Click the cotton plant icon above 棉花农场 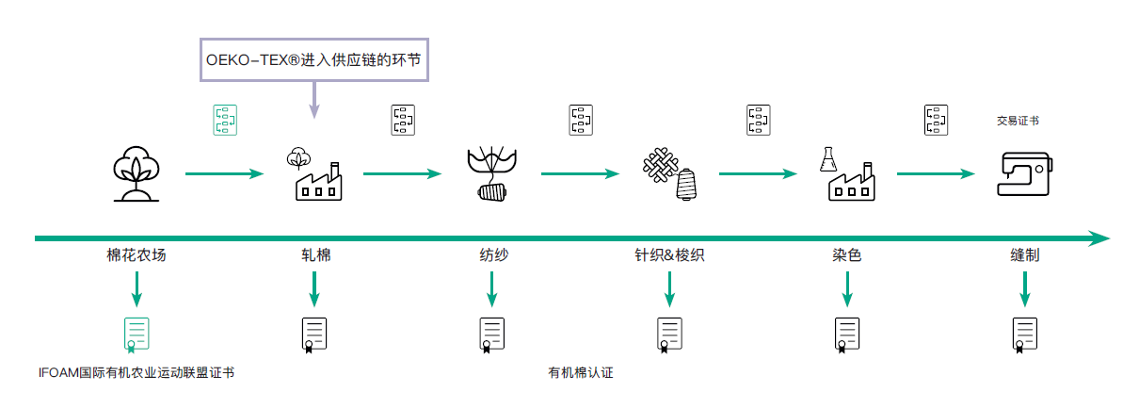(x=136, y=173)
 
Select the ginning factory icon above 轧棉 (x=313, y=173)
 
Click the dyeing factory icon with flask (x=847, y=173)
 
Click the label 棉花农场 (x=136, y=255)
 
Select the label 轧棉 (x=314, y=255)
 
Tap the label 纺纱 (x=492, y=255)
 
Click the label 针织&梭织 (x=669, y=255)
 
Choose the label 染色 (x=847, y=255)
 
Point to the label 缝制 (x=1024, y=255)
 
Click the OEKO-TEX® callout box (x=313, y=58)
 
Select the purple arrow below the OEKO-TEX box (x=314, y=99)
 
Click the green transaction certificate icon (x=225, y=121)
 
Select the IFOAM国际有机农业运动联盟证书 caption (x=136, y=372)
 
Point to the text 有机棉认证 (x=581, y=372)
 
